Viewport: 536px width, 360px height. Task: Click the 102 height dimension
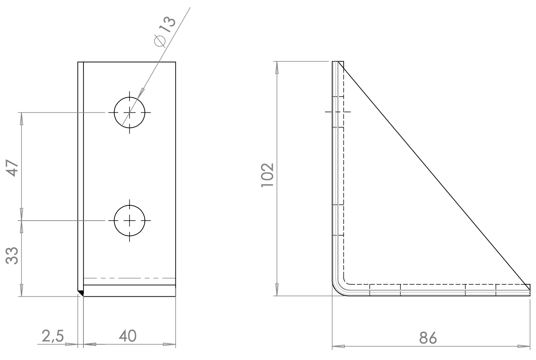(267, 175)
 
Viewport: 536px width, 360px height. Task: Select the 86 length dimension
(428, 337)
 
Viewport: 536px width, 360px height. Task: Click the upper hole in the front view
(129, 112)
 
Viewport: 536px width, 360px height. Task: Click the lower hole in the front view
(129, 220)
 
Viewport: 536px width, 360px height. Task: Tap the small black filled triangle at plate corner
(81, 293)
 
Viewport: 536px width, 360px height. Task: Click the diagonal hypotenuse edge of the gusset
(435, 173)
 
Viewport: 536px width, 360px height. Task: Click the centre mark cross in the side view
(338, 112)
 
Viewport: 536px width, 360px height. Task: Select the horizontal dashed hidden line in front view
(129, 278)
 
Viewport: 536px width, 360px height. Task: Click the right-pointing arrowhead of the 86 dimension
(524, 346)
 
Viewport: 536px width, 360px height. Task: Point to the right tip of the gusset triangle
(529, 285)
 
